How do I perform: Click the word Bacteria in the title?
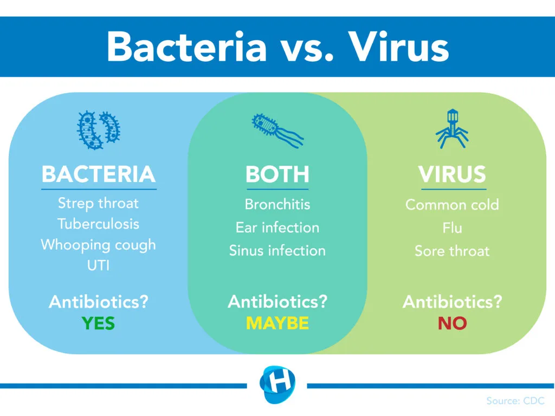[186, 47]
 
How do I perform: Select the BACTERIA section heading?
[99, 174]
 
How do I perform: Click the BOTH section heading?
[277, 174]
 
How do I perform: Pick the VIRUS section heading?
[452, 174]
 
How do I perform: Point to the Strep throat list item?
[99, 204]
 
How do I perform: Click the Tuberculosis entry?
[99, 224]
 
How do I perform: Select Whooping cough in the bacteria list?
[99, 244]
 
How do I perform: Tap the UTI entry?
[99, 265]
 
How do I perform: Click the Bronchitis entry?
[277, 204]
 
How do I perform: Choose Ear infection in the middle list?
[277, 227]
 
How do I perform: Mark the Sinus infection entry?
[277, 251]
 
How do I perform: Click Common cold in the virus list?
[452, 205]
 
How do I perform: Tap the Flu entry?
[452, 227]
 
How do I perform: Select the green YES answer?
[99, 323]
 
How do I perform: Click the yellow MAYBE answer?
[277, 323]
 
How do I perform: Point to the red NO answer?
[452, 323]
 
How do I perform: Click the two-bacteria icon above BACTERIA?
[99, 130]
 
